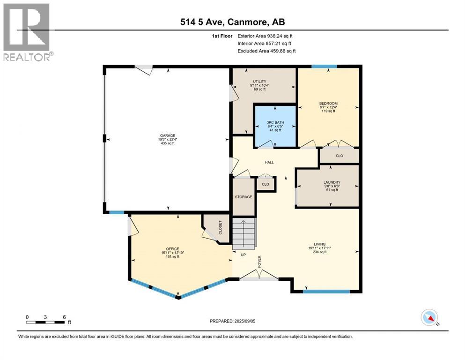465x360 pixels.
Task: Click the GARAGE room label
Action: click(168, 135)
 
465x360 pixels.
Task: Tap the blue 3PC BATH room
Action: click(275, 126)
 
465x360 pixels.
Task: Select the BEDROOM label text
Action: click(328, 103)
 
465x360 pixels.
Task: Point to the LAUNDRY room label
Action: click(332, 182)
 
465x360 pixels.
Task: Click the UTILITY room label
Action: click(259, 81)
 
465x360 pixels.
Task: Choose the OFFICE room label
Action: click(173, 249)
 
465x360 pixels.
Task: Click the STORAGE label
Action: click(244, 197)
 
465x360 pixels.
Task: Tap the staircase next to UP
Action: click(244, 234)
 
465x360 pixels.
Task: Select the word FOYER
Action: click(259, 262)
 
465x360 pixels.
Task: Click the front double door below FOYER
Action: click(259, 275)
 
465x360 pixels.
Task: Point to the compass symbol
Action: click(429, 317)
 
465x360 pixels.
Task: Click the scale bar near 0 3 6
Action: click(45, 322)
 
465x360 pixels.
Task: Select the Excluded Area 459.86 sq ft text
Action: click(266, 51)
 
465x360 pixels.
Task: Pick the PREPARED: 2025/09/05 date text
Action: click(232, 321)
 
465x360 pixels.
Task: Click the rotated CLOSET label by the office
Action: click(220, 227)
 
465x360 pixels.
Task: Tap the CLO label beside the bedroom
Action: click(339, 156)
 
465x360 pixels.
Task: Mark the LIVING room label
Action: click(320, 244)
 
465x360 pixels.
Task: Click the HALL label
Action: click(269, 162)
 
